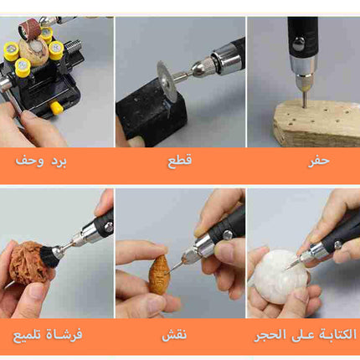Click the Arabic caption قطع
click(x=180, y=161)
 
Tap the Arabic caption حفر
click(x=319, y=162)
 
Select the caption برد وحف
click(x=41, y=162)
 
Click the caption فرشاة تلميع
click(x=48, y=335)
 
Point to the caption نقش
click(x=174, y=334)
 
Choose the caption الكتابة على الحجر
click(x=306, y=335)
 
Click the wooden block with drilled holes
click(x=316, y=124)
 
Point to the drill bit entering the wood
click(x=306, y=100)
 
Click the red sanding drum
click(x=27, y=29)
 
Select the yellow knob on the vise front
click(x=56, y=108)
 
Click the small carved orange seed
click(x=159, y=274)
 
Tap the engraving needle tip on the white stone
click(x=285, y=269)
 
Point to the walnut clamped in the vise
click(x=36, y=53)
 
